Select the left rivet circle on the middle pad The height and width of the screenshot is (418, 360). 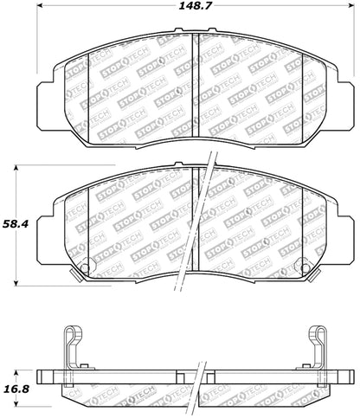pyautogui.click(x=83, y=267)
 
